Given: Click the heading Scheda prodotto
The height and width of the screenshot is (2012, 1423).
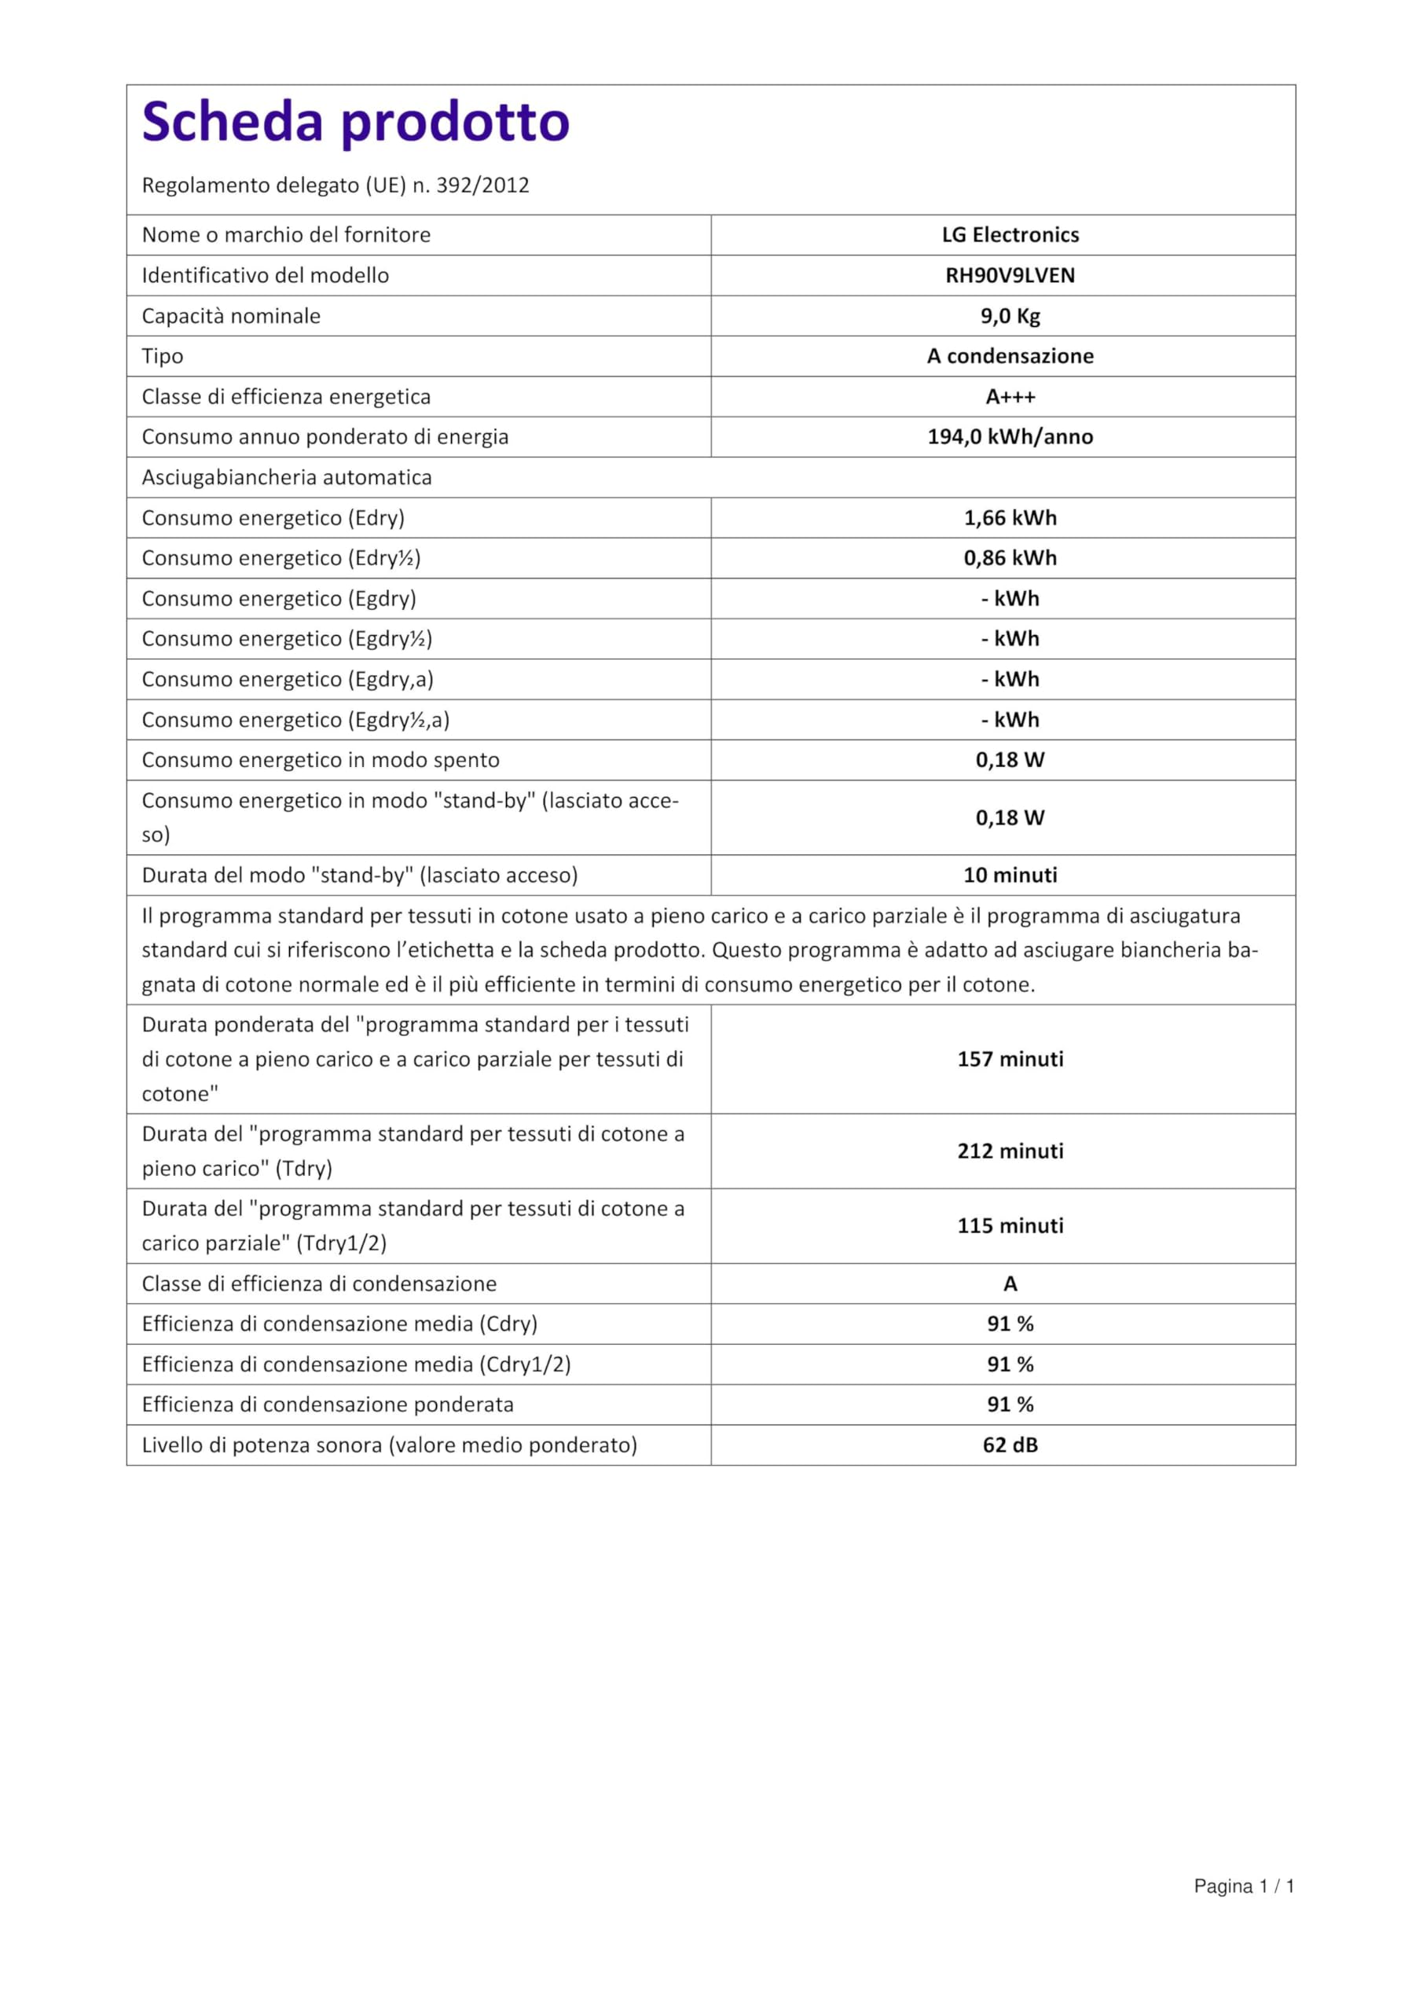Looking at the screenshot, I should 356,122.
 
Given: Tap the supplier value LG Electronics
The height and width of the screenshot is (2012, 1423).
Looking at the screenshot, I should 1010,235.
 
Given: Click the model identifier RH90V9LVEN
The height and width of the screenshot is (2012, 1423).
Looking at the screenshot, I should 1010,275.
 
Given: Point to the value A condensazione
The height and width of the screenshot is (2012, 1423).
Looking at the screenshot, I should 1010,356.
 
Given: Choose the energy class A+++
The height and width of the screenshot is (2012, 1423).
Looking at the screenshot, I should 1010,397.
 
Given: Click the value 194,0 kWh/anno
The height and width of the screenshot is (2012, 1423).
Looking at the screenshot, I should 1010,436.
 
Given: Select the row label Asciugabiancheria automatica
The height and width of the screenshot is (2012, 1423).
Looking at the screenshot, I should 287,478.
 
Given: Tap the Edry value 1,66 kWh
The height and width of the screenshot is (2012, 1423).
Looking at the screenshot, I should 1010,518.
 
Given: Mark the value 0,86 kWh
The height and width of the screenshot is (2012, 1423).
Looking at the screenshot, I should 1010,558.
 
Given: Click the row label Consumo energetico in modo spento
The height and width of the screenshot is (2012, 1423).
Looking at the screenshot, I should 321,760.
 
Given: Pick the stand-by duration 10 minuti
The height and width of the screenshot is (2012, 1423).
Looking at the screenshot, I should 1010,875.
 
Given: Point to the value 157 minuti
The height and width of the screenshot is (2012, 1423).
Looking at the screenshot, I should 1010,1059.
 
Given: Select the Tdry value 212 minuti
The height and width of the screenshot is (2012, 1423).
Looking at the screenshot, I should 1010,1151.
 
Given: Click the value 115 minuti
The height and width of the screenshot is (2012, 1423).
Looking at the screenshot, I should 1010,1225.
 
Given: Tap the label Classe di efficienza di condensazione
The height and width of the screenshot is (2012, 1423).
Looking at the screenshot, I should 319,1283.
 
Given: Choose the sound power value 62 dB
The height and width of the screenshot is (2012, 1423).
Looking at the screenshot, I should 1010,1445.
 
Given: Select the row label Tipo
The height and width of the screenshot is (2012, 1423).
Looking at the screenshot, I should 163,356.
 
